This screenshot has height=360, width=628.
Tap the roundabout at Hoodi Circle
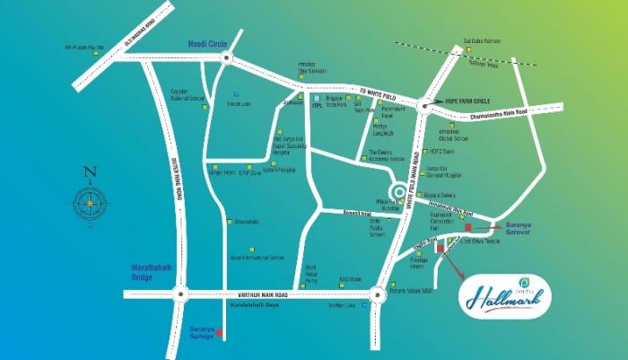225,59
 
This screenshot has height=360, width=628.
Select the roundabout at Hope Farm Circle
423,106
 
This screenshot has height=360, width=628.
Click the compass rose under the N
89,205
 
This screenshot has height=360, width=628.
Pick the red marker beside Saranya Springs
220,334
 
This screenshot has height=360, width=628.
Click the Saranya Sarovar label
520,228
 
